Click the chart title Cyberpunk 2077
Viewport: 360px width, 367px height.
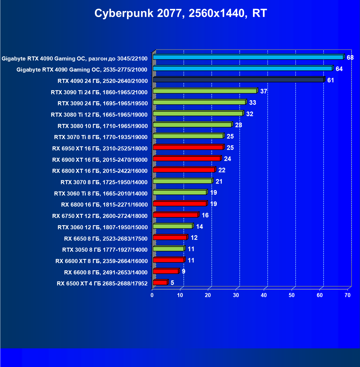pos(181,13)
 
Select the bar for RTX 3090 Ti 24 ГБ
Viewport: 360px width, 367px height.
pos(205,91)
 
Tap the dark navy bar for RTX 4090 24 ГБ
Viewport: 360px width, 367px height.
pos(238,80)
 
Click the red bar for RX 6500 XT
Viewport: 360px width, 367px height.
pos(160,282)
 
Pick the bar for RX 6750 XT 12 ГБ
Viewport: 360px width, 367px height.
pos(176,215)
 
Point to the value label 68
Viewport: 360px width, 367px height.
pos(350,58)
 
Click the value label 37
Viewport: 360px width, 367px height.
pos(264,91)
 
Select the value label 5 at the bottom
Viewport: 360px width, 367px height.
pos(172,283)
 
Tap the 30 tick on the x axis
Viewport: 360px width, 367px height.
pos(236,295)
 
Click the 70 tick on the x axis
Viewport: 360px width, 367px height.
pos(348,295)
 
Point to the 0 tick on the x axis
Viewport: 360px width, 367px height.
pos(152,295)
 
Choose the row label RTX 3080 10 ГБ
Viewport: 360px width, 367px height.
pos(102,126)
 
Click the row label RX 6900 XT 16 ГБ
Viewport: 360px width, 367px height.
pos(100,160)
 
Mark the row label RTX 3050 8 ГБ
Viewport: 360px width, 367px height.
pos(105,250)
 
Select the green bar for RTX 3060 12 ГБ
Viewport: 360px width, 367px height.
pos(173,226)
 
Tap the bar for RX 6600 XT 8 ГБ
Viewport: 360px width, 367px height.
pos(169,260)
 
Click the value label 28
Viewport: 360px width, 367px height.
pos(238,125)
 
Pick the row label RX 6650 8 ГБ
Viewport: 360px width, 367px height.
pos(106,239)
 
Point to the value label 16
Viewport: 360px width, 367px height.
pos(205,215)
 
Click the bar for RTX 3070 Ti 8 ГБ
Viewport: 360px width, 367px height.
pos(188,136)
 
